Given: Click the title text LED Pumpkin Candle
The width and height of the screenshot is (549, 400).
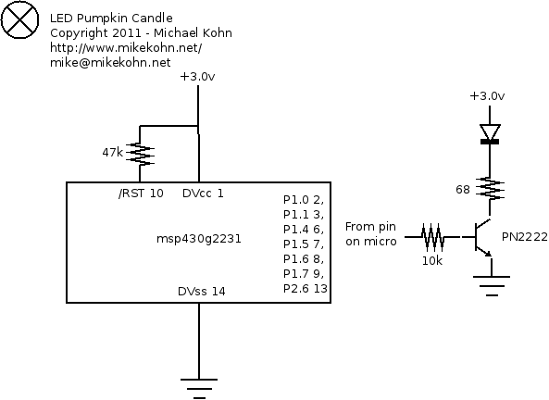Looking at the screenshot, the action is tap(111, 19).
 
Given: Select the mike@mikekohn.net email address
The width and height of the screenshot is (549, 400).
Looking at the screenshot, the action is tap(110, 62).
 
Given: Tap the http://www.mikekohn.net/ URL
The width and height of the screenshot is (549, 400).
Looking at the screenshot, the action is tap(126, 47).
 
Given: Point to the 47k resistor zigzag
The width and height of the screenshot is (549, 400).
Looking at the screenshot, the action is tap(140, 154).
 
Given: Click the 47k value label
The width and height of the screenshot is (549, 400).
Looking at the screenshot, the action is tap(112, 153).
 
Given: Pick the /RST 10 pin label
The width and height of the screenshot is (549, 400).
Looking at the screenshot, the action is tap(141, 194).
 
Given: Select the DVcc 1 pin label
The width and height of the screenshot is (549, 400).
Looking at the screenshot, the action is tap(203, 194).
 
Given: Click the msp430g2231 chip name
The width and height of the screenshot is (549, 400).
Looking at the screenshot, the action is tap(199, 239).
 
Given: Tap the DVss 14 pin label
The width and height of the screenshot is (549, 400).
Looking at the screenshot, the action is tap(201, 292).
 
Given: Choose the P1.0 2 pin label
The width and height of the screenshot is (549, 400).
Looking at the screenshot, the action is tap(304, 200).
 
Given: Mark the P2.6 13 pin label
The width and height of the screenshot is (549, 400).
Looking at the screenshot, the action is tap(305, 288).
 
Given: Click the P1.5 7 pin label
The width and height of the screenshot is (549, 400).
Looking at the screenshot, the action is tap(304, 244).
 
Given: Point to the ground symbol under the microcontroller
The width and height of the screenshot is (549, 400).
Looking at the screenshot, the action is tap(199, 389).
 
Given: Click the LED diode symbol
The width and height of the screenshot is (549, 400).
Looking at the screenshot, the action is tap(490, 134).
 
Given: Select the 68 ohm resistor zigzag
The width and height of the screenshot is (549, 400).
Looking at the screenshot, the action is tap(490, 190).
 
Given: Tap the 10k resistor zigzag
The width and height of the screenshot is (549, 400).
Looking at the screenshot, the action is tap(433, 237).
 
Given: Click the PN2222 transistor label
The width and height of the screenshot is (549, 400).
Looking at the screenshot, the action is tap(525, 237).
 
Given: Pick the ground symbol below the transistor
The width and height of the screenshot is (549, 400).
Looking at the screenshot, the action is tap(492, 286).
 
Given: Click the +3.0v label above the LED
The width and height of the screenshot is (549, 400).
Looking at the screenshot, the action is tap(487, 96).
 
